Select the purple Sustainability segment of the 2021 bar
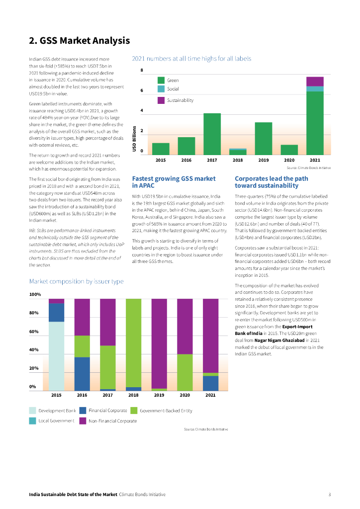(x=315, y=82)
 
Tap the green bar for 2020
(x=289, y=150)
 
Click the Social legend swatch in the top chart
(x=161, y=89)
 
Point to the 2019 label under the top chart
(x=264, y=161)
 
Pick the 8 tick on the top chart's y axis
(x=142, y=71)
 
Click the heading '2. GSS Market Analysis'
(x=79, y=41)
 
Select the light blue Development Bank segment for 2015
(x=56, y=356)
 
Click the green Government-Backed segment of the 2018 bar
(x=134, y=342)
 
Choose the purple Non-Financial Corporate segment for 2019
(x=159, y=343)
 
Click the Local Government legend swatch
(x=33, y=421)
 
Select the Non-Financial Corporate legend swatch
(x=82, y=421)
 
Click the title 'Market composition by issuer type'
(x=76, y=282)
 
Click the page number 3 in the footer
(x=330, y=495)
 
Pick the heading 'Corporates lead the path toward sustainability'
(x=271, y=182)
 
